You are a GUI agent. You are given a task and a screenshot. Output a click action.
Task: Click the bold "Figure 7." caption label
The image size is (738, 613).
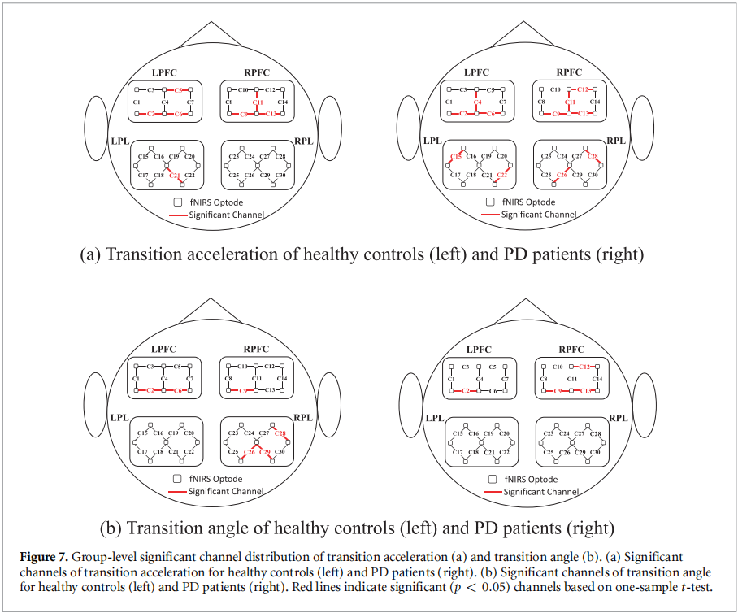pos(46,557)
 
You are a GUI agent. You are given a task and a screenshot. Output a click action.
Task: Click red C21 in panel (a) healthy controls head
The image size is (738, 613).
pos(174,175)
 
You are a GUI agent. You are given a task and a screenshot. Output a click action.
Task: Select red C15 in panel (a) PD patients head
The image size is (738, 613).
pos(457,155)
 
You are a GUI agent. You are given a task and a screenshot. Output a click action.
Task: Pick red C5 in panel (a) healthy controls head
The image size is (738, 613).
pos(177,89)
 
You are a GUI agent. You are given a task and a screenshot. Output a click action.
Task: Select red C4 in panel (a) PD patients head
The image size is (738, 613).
pos(477,102)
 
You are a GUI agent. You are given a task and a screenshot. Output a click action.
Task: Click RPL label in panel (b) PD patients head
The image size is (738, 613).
pos(618,418)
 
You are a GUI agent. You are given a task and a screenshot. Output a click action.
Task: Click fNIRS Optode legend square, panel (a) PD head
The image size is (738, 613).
pos(490,202)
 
